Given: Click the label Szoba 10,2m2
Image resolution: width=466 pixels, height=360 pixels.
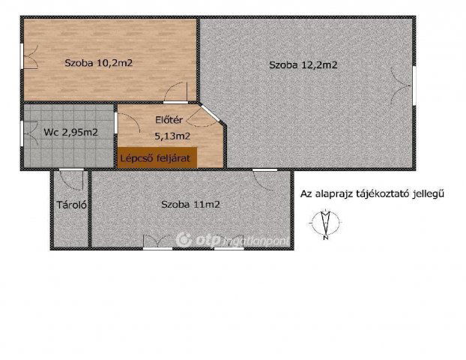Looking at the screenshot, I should pyautogui.click(x=98, y=63).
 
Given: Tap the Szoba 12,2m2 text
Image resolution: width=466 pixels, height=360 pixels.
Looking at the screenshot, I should pyautogui.click(x=303, y=65).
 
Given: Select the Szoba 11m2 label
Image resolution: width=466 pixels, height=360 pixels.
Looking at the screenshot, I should pyautogui.click(x=190, y=203).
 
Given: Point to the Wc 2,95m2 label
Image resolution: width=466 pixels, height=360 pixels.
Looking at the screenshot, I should pyautogui.click(x=70, y=132).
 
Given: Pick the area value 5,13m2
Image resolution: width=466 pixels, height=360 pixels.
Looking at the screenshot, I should pyautogui.click(x=172, y=136).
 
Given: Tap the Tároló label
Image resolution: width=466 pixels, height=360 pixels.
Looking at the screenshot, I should pyautogui.click(x=70, y=204).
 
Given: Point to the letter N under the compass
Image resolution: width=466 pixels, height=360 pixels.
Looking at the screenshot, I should pyautogui.click(x=326, y=240).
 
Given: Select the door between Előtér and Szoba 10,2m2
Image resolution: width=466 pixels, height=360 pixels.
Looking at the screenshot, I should pyautogui.click(x=175, y=102).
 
